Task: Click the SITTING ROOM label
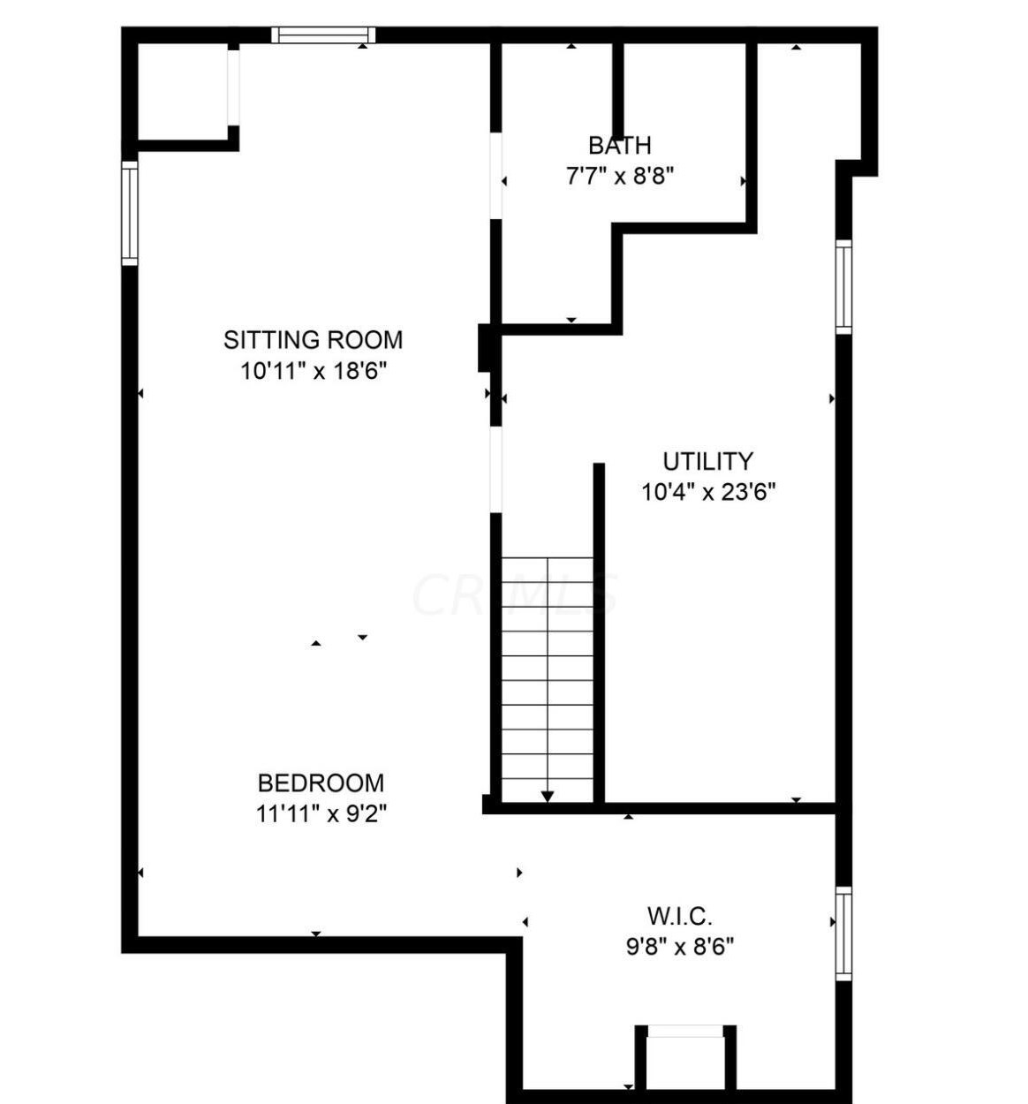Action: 313,340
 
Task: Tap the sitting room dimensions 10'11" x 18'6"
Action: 314,371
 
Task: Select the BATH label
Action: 619,146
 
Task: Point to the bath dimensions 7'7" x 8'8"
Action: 619,176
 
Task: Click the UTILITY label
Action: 707,461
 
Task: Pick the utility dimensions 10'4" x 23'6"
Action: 707,492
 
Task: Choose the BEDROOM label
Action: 321,783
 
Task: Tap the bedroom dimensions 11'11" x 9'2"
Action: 321,813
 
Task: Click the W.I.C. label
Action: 679,916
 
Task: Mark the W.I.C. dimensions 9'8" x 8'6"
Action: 679,947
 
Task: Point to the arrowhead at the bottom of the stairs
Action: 548,797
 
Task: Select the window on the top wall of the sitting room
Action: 323,35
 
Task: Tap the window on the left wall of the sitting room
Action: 130,213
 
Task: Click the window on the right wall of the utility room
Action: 843,287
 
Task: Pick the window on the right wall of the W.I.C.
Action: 843,934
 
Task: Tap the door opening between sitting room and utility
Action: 496,469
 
